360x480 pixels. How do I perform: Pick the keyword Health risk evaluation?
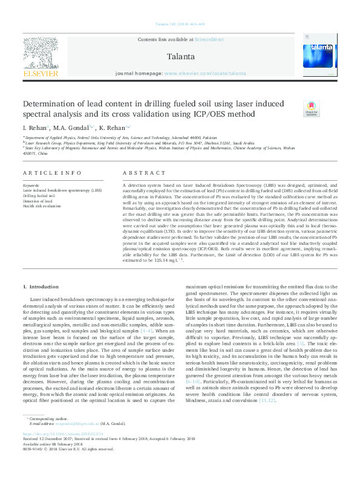43,206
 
